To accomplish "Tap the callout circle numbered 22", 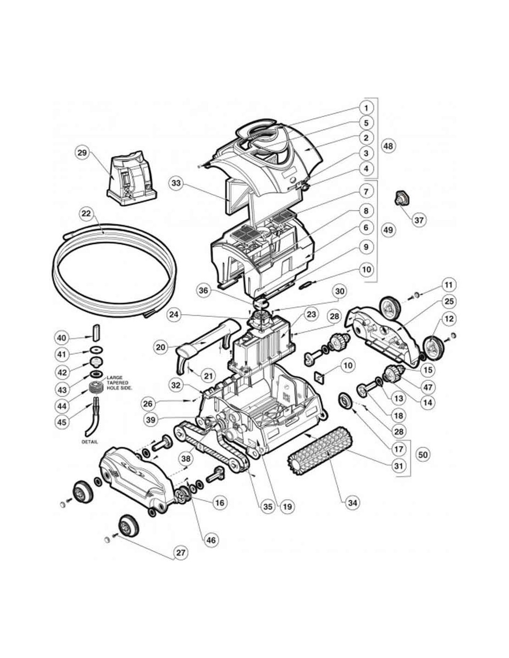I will (87, 213).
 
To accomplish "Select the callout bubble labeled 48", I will (389, 146).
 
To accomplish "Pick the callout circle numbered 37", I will (419, 220).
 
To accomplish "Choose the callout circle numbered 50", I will (422, 454).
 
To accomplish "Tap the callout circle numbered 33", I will (176, 183).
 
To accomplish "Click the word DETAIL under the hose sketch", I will (90, 442).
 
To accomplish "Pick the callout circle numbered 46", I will (211, 540).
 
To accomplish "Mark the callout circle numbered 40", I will (62, 338).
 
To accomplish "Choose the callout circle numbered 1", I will (366, 108).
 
